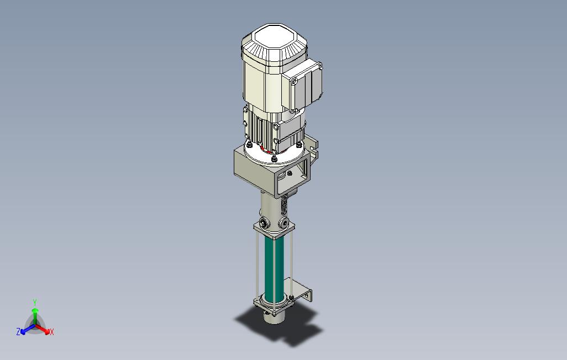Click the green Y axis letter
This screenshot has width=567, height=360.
click(35, 302)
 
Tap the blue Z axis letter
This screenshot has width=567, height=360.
click(18, 331)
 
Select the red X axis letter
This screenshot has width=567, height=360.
click(52, 332)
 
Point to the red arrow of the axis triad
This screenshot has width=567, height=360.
click(43, 329)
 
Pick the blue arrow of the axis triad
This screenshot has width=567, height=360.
click(28, 329)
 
